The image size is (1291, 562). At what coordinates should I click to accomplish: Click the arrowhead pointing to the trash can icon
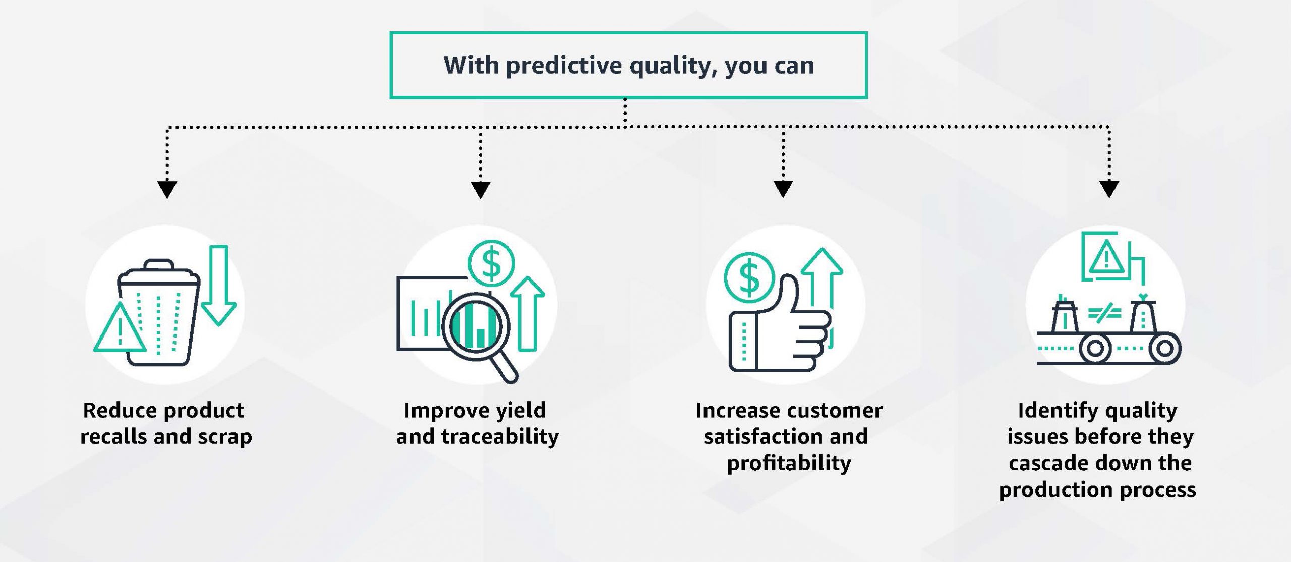(x=167, y=189)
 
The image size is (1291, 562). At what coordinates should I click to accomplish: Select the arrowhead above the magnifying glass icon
(x=480, y=189)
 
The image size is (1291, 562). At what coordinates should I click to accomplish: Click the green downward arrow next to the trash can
(x=219, y=285)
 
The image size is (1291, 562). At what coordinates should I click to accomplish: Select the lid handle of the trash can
(x=159, y=265)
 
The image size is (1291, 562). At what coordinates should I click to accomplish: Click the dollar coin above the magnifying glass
(x=491, y=263)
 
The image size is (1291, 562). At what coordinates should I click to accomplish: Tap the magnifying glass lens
(x=475, y=325)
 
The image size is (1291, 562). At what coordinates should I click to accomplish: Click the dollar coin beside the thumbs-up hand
(x=749, y=278)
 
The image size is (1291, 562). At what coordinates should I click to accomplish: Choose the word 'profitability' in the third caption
(x=789, y=463)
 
